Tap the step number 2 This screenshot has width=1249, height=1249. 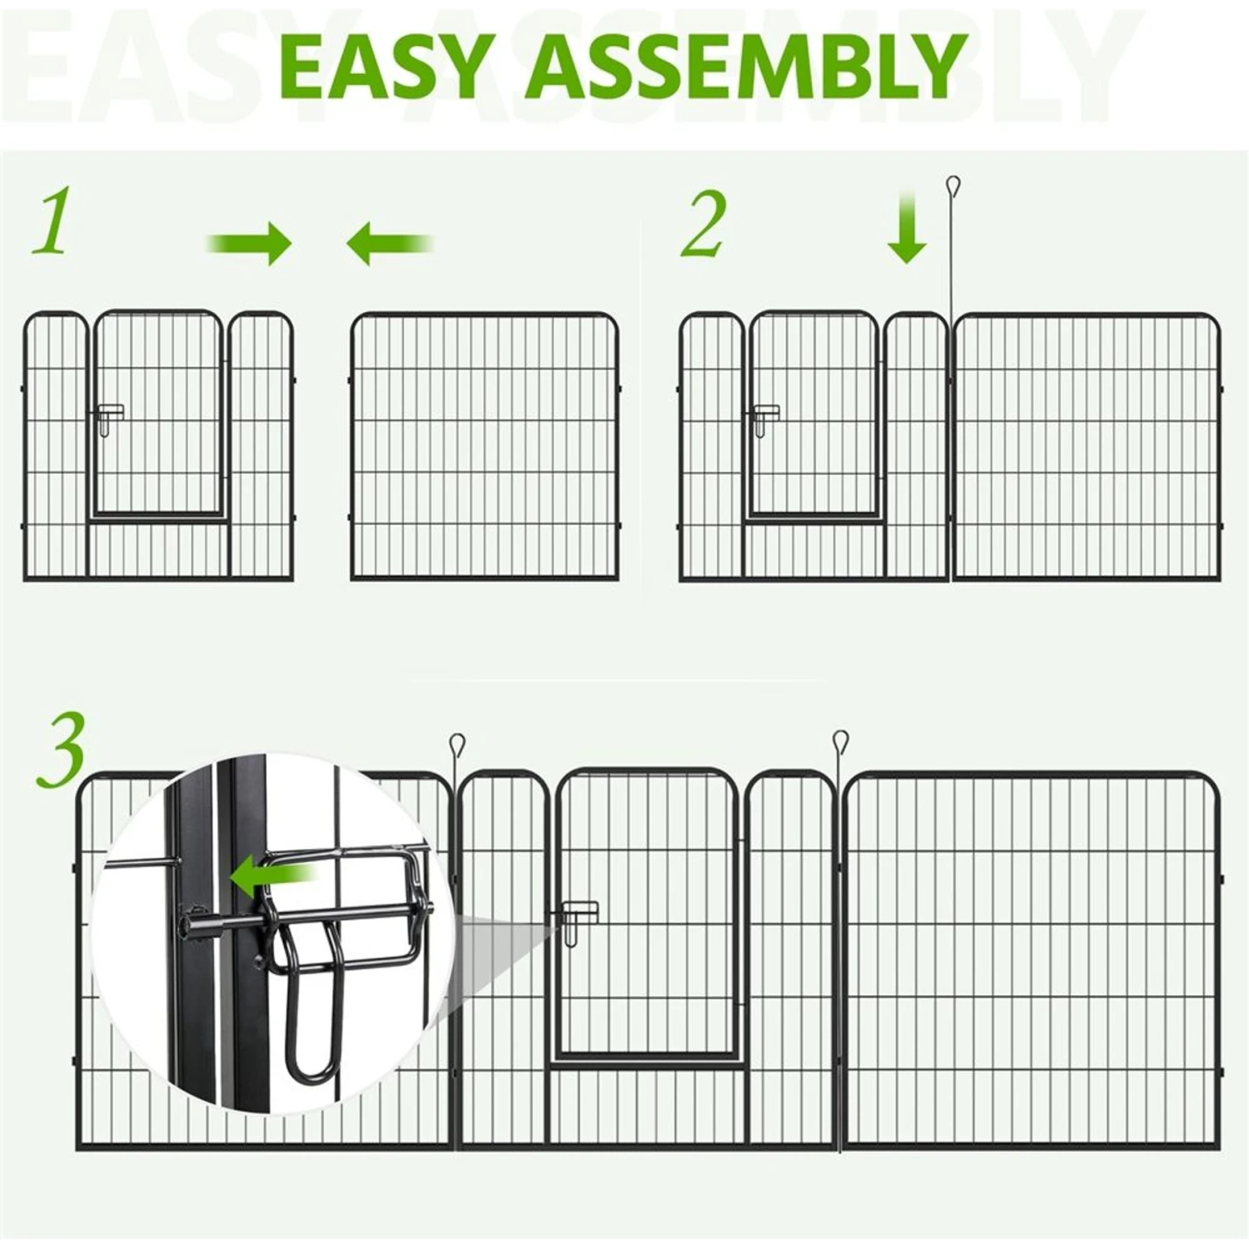click(704, 223)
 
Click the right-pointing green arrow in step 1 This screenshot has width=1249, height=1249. click(250, 243)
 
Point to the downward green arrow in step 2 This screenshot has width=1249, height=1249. click(907, 227)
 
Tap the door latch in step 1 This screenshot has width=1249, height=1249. click(108, 419)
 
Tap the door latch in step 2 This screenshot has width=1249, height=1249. click(764, 419)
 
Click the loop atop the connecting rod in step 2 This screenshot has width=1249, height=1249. click(953, 185)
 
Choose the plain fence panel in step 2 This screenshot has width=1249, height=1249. click(1087, 446)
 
